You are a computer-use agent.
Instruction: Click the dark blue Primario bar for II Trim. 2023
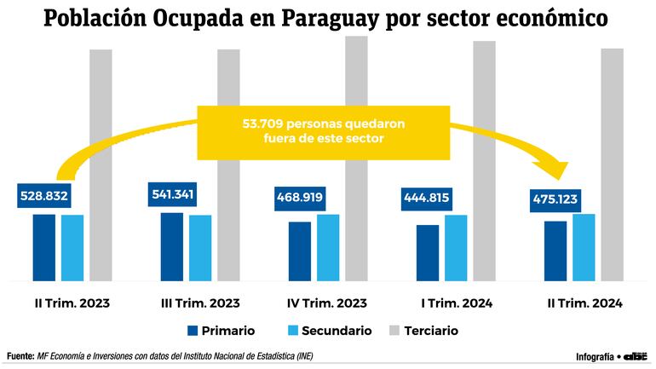coord(44,247)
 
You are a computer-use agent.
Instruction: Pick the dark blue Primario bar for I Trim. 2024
coord(428,252)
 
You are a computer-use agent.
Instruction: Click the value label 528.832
coord(43,196)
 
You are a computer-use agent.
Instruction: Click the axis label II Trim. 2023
coord(72,303)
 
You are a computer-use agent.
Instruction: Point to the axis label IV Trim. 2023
coord(328,303)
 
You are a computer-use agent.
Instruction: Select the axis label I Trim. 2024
coord(457,303)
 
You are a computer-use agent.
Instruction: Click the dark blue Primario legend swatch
coord(192,330)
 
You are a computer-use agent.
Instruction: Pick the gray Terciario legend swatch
coord(394,330)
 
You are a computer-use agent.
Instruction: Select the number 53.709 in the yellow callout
coord(265,123)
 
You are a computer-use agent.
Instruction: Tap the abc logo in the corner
coord(636,355)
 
